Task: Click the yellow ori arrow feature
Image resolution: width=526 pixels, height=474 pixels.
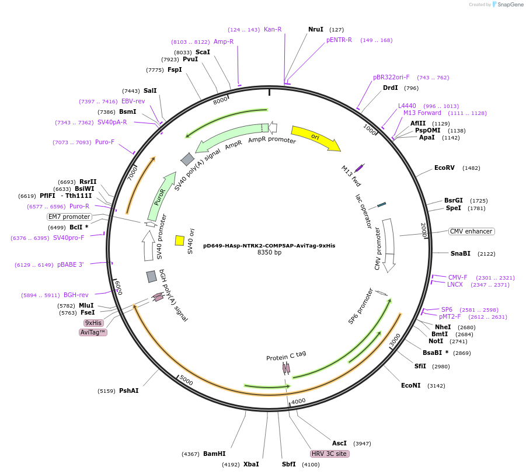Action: coord(315,138)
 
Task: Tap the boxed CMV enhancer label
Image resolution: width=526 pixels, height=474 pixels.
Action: coord(472,231)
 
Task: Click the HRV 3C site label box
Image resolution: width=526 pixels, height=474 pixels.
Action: coord(330,454)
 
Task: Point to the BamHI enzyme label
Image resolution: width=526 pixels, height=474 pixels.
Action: coord(214,454)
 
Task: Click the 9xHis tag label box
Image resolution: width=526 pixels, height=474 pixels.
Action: coord(93,323)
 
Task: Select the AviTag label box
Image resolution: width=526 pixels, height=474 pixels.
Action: coord(93,332)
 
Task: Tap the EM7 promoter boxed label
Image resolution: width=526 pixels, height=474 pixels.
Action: coord(69,217)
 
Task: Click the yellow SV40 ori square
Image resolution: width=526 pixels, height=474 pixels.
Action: coord(180,240)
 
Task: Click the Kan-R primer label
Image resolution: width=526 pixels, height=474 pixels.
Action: coord(273,29)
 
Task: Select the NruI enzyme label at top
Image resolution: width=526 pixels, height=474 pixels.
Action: coord(316,29)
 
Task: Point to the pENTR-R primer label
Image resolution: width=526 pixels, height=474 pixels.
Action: coord(339,40)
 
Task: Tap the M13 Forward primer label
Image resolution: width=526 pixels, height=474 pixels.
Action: coord(422,113)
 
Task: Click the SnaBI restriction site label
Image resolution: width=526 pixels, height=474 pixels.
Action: coord(460,253)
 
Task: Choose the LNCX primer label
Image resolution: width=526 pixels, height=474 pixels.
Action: coord(455,284)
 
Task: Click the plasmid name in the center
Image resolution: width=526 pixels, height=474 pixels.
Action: coord(269,246)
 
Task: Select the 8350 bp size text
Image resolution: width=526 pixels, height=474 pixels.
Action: coord(269,253)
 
